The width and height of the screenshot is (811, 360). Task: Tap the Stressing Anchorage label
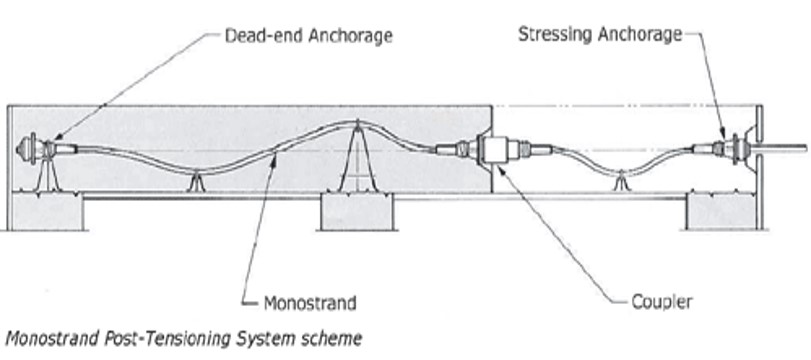600,34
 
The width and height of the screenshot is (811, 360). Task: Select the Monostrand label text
309,300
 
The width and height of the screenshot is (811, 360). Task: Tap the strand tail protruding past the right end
785,149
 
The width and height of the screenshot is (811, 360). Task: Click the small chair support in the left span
195,182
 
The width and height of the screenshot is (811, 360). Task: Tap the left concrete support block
44,211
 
